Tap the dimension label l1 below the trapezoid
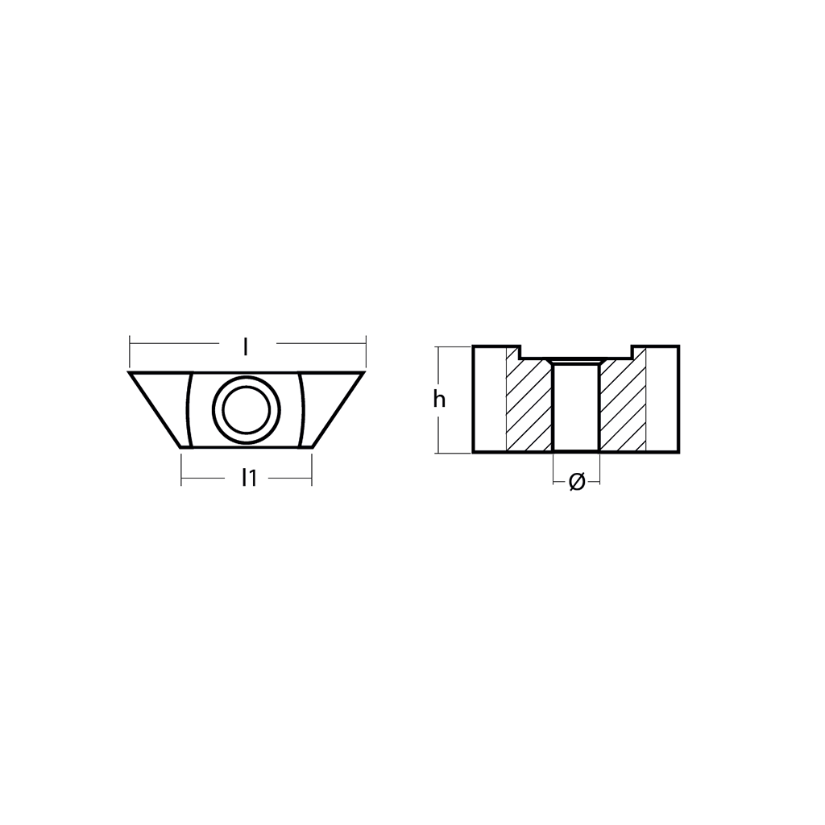[249, 478]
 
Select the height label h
[439, 400]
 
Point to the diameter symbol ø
[577, 482]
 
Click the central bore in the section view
[576, 407]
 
